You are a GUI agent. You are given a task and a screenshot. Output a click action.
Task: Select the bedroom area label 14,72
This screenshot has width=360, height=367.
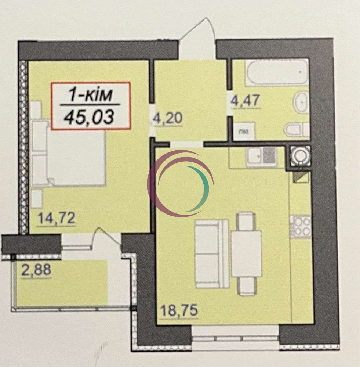click(x=57, y=218)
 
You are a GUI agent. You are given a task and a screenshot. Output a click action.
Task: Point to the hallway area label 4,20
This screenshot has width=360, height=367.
click(x=167, y=118)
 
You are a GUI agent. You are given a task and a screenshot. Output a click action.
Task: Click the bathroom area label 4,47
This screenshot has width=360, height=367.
click(x=245, y=100)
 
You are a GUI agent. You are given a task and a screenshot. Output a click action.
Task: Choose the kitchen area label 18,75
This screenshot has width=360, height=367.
click(x=179, y=310)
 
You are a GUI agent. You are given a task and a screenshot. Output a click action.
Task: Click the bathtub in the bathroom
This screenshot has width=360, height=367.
click(x=276, y=72)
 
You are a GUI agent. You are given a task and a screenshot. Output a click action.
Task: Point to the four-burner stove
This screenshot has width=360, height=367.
click(x=300, y=227)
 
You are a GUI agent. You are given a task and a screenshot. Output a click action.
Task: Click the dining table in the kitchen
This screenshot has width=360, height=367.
click(x=246, y=253)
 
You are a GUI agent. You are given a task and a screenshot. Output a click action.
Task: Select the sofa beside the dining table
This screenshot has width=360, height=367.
click(x=211, y=253)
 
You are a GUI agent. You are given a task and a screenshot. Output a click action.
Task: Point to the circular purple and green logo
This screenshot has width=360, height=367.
click(x=180, y=183)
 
